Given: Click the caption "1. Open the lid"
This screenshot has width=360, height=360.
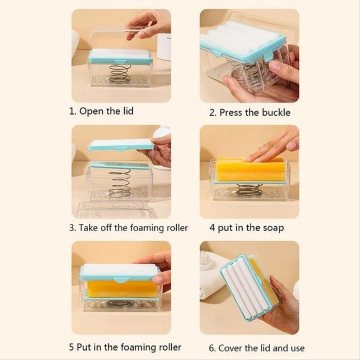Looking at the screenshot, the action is point(101,111).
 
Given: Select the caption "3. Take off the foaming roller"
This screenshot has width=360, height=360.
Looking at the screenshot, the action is point(129,228).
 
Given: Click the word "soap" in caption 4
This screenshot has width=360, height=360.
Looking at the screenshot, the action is point(273,228).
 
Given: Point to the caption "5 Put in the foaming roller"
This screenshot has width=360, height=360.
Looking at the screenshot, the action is point(125,347).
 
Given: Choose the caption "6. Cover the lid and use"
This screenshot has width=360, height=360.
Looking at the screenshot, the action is point(257,348).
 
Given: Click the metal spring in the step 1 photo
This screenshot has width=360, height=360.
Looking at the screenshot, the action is point(120,74).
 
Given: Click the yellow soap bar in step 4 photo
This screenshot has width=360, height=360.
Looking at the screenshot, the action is point(250,169).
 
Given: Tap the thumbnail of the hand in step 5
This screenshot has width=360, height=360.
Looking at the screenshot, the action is point(158,280).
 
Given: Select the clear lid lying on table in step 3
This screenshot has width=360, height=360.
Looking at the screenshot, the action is point(117,209).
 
